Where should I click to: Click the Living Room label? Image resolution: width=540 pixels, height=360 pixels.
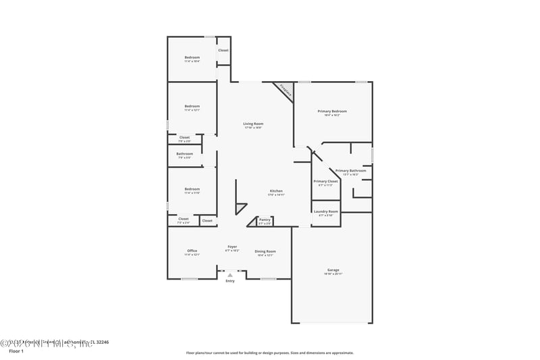253,125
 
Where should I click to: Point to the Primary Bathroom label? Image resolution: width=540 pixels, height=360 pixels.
350,172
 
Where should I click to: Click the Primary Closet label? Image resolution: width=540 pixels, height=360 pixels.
325,182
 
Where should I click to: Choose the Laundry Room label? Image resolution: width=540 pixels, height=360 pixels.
325,213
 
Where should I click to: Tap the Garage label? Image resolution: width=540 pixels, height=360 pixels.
333,271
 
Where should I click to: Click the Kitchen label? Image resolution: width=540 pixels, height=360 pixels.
276,192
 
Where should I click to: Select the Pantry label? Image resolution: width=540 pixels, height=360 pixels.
265,220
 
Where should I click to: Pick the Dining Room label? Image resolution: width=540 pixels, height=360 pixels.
266,253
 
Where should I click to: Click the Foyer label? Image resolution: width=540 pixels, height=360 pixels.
232,248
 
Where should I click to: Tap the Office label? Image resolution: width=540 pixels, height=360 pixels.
192,253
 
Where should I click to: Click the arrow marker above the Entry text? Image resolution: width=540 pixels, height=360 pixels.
230,275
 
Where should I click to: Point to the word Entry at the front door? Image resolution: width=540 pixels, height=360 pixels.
230,281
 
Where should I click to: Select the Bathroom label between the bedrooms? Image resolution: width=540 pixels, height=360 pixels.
184,155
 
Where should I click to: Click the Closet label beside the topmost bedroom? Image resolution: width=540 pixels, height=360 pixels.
223,51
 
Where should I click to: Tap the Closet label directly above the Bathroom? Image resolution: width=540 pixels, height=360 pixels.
184,138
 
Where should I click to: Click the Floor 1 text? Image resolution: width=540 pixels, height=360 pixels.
16,351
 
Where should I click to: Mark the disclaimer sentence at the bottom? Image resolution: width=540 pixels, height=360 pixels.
269,353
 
